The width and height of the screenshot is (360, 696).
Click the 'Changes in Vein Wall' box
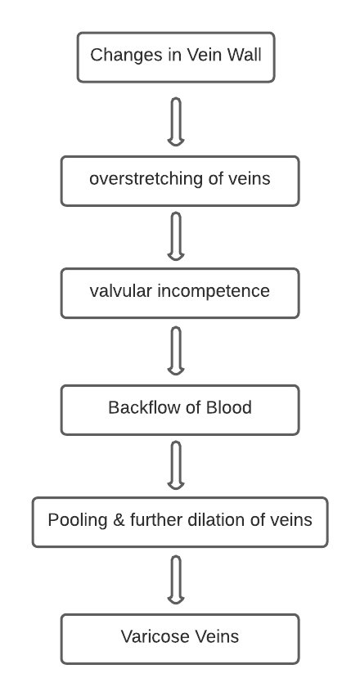[x=176, y=57]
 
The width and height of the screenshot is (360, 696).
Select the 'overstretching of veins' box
[x=180, y=181]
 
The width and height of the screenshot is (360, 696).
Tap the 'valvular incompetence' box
[x=180, y=294]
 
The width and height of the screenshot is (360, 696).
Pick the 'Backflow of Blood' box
[x=180, y=410]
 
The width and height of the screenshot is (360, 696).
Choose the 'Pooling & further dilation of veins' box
[x=180, y=522]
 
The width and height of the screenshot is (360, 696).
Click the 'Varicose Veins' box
[x=180, y=640]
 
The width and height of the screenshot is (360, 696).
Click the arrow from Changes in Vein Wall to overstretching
[x=176, y=122]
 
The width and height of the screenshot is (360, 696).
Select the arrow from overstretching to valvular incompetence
[x=176, y=236]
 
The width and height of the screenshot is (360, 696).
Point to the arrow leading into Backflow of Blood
[x=176, y=351]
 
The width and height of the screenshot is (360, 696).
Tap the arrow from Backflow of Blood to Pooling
[x=176, y=465]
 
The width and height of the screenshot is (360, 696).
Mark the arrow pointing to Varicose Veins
[x=176, y=580]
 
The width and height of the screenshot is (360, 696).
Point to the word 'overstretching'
[x=146, y=179]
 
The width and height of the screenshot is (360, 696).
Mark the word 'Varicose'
[x=151, y=636]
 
